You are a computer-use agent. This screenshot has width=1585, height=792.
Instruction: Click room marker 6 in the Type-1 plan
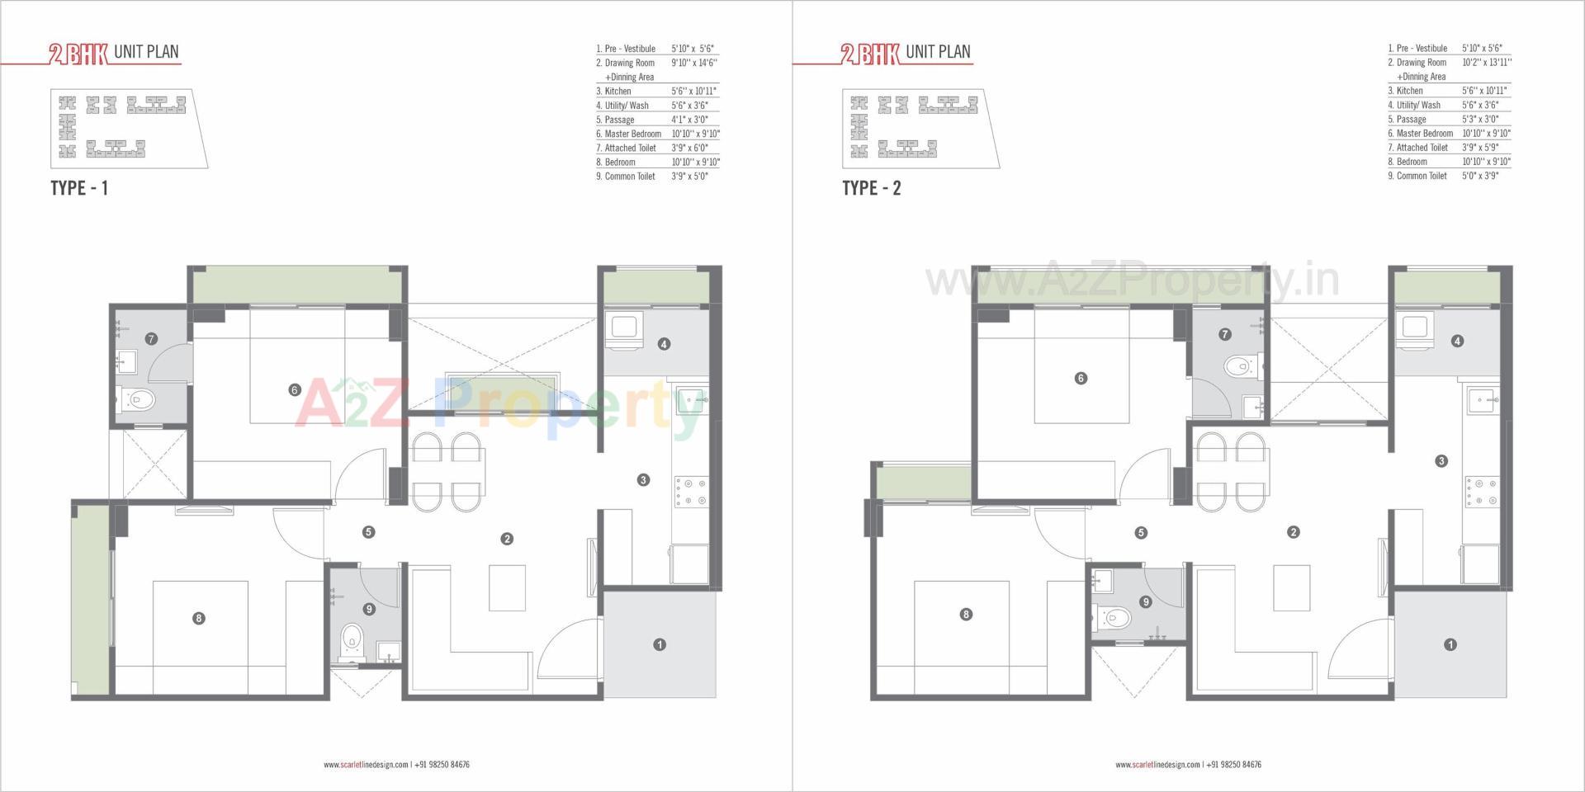[295, 389]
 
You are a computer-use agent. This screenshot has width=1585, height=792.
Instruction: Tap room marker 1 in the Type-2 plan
[1450, 644]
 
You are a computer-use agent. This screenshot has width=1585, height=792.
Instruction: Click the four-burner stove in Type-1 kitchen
[691, 492]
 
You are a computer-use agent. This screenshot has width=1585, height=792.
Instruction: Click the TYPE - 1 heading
[79, 188]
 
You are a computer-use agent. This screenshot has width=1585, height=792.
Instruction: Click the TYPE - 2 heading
[871, 188]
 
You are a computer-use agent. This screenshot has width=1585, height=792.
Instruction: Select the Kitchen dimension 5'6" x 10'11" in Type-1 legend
[693, 92]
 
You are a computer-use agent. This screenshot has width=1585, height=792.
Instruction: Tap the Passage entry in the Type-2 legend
[1411, 119]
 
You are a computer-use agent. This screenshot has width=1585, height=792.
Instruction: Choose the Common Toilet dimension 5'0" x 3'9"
[1480, 176]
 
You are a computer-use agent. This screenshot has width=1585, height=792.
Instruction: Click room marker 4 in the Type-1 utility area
[664, 344]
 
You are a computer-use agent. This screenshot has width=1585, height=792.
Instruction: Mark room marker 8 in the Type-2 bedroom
[966, 614]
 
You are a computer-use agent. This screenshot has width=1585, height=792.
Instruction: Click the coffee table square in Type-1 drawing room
[507, 587]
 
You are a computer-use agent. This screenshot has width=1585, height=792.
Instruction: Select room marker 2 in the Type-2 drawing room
[1294, 532]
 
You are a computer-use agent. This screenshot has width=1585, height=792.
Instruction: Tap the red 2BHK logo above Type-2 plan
[869, 54]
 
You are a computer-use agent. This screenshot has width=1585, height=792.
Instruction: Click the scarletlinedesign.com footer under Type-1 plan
[366, 765]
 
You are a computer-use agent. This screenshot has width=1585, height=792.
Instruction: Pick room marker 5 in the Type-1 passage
[368, 532]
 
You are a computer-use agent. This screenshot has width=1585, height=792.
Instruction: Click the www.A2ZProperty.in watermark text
[1131, 280]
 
